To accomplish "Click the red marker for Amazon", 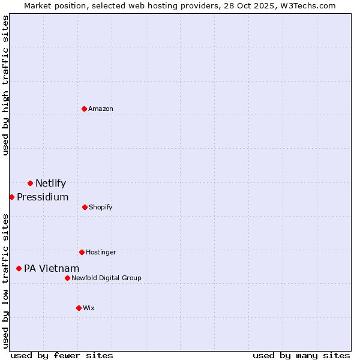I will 85,109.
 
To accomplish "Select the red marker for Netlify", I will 30,183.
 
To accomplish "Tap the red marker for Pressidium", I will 11,197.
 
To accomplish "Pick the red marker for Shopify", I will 85,207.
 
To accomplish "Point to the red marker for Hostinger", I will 82,252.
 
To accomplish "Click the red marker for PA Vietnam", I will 19,268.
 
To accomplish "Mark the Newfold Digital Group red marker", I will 67,278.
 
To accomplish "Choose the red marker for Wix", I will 79,308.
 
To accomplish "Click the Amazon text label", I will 101,109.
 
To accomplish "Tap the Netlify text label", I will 50,184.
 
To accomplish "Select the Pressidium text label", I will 43,197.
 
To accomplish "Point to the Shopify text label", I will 101,207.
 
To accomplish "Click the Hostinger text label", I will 101,252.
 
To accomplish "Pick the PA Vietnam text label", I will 52,269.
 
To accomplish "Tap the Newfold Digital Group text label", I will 106,278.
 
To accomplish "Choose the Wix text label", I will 89,308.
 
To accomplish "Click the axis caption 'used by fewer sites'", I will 62,355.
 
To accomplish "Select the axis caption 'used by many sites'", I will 301,355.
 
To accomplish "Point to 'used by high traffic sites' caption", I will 5,85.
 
